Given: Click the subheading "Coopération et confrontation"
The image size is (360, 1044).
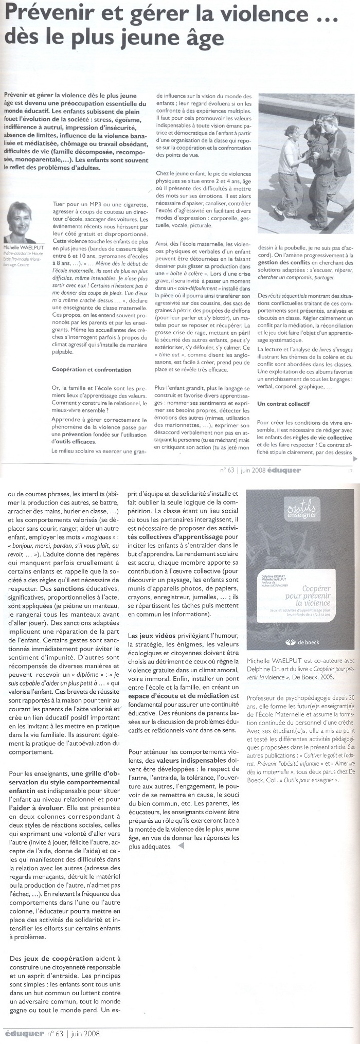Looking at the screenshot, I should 92,370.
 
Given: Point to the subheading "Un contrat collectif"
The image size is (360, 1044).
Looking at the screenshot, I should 283,404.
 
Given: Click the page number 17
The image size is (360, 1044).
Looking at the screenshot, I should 350,470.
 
